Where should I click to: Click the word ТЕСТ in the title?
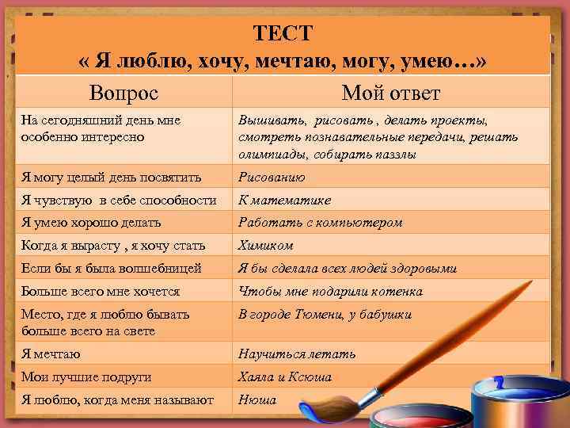(283, 33)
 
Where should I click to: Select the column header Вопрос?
(123, 93)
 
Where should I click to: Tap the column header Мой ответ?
(390, 93)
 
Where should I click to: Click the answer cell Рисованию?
(272, 177)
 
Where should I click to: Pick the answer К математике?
(285, 200)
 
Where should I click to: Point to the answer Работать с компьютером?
(321, 223)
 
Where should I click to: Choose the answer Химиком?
(266, 246)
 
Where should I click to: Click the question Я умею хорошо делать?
(91, 223)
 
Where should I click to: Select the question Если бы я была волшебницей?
(112, 269)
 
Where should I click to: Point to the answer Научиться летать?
(297, 354)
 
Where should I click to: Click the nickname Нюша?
(257, 400)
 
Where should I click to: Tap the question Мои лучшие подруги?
(86, 377)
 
